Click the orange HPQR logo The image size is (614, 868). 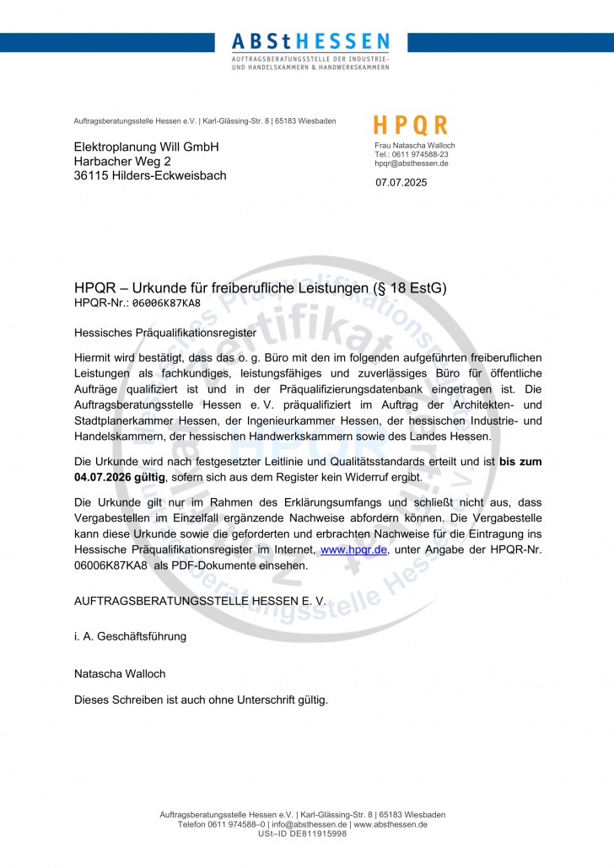pyautogui.click(x=411, y=126)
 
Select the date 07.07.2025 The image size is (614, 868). pyautogui.click(x=401, y=183)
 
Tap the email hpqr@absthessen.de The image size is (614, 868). pyautogui.click(x=412, y=163)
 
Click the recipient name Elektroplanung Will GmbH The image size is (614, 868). pyautogui.click(x=147, y=147)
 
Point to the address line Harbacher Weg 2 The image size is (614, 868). pyautogui.click(x=122, y=161)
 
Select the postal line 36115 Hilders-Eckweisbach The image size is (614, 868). pyautogui.click(x=150, y=175)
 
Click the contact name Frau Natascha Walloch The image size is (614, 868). pyautogui.click(x=415, y=146)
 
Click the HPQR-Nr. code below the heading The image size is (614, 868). pyautogui.click(x=166, y=303)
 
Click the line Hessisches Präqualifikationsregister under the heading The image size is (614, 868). pyautogui.click(x=164, y=333)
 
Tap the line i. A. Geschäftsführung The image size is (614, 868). pyautogui.click(x=130, y=636)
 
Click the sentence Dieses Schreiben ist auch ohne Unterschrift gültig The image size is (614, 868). pyautogui.click(x=201, y=699)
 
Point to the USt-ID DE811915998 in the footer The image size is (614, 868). pyautogui.click(x=302, y=833)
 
